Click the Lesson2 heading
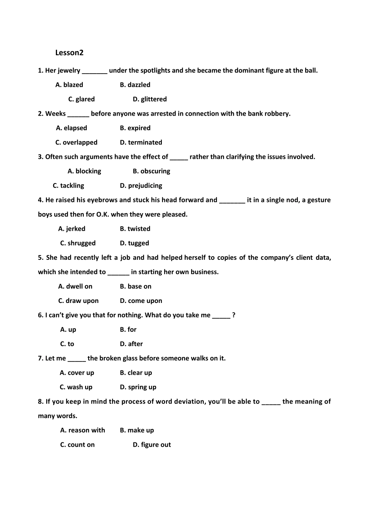point(69,53)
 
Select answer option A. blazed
point(69,85)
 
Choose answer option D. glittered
point(150,99)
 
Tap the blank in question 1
point(94,71)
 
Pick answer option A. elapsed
point(72,128)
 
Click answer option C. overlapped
point(76,142)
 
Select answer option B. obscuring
point(151,171)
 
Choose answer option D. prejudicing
point(141,185)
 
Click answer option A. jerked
point(72,229)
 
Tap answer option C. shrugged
point(78,243)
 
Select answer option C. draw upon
point(78,301)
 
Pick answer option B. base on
point(136,286)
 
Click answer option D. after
point(131,344)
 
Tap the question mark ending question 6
point(234,315)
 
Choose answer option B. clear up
point(136,373)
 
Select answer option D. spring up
point(138,387)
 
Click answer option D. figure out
point(152,445)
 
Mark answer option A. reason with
point(82,430)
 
